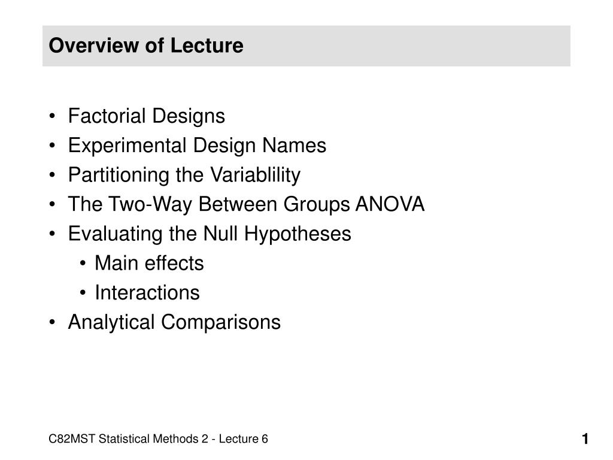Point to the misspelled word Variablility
coord(254,175)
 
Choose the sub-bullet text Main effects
coord(149,263)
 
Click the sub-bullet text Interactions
coord(147,292)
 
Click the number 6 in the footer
coord(264,440)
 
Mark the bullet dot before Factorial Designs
coord(54,116)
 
